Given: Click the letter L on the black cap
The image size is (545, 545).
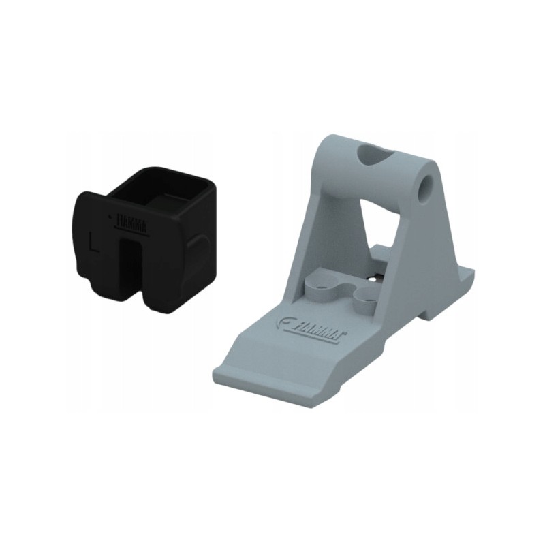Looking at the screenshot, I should pos(94,240).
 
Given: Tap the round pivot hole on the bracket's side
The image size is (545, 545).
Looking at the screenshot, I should pos(429,183).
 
